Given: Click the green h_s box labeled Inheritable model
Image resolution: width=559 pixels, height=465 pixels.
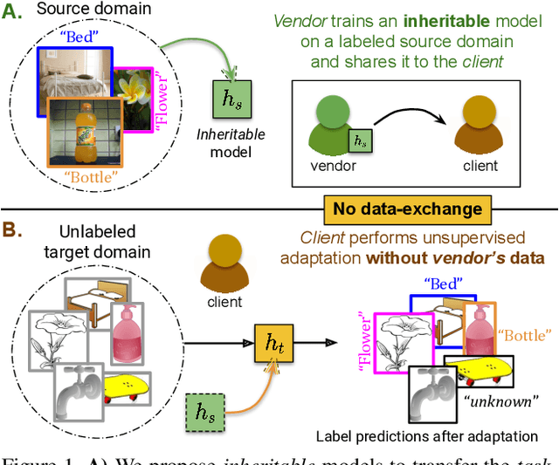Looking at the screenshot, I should (232, 101).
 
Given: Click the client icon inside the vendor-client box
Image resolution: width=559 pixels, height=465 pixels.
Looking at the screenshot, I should (478, 130).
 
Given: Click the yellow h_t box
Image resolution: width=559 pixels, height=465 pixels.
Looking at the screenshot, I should (272, 340).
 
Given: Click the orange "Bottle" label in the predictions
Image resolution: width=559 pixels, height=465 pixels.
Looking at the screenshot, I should (524, 335).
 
